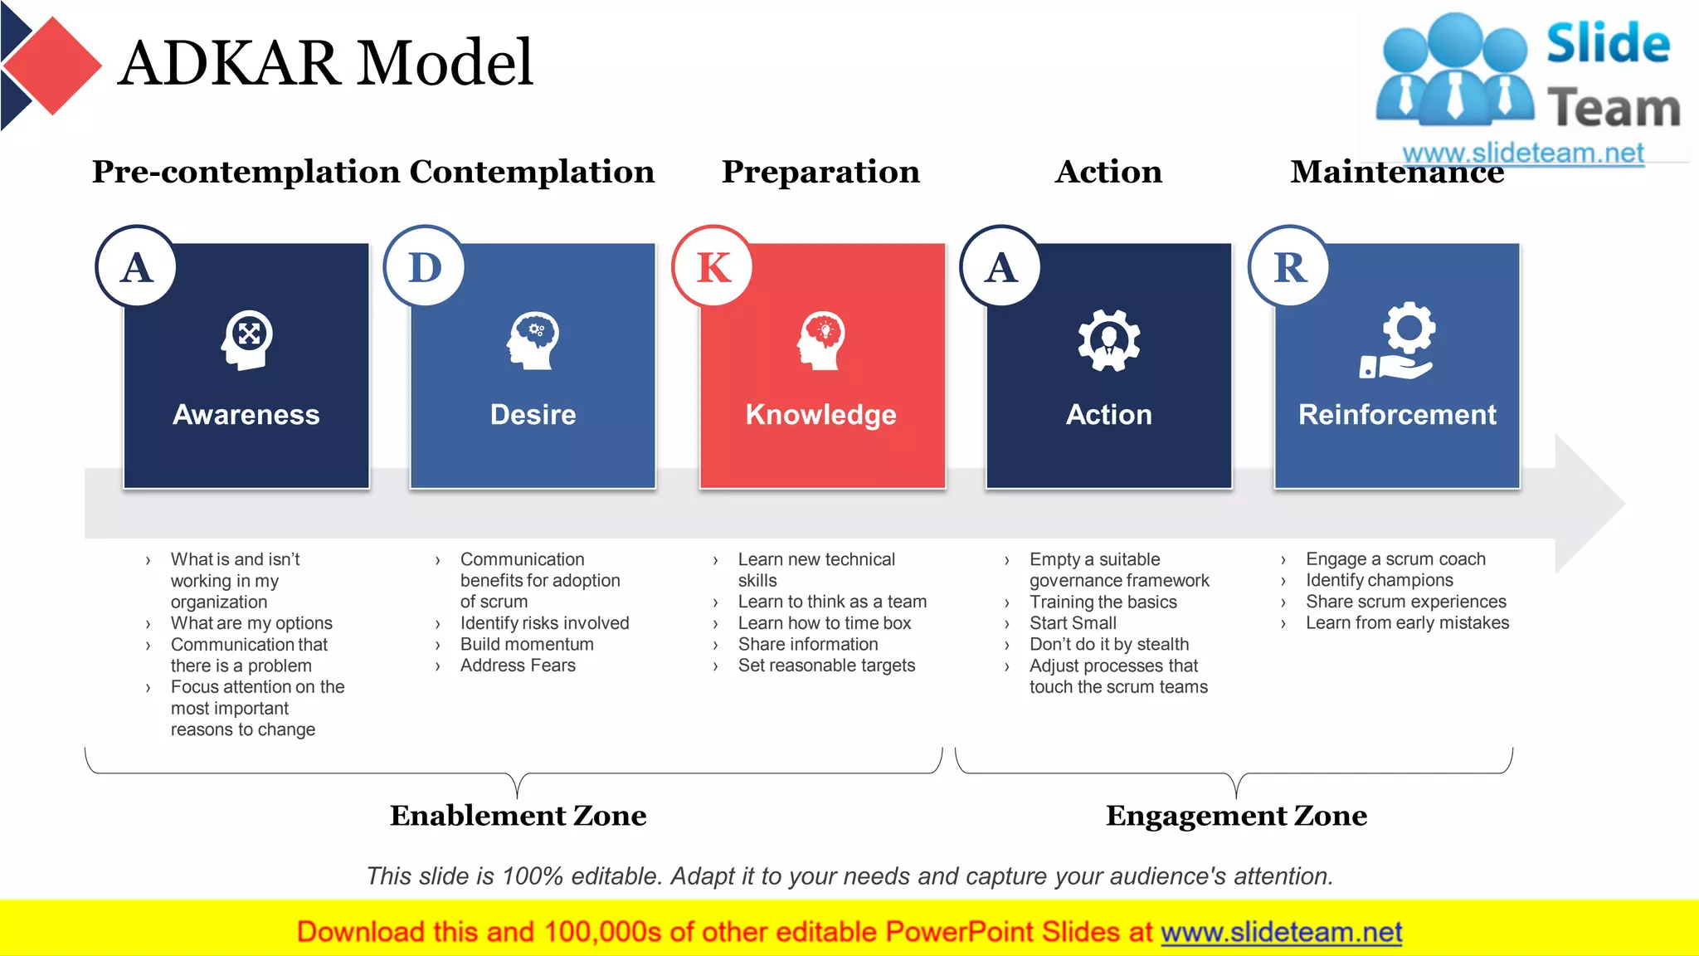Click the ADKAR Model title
coord(325,63)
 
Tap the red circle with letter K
coord(713,266)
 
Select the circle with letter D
coord(425,266)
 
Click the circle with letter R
coord(1289,266)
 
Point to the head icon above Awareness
coord(246,339)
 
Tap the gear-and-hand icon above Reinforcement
coord(1397,341)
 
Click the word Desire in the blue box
coord(533,414)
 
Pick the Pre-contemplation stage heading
coord(246,172)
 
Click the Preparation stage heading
coord(820,172)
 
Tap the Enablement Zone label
coord(518,815)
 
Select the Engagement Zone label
coord(1236,815)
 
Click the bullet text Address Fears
coord(518,666)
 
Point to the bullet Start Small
coord(1073,623)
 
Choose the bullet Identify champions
coord(1379,580)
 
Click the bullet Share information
coord(807,644)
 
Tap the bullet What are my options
coord(251,623)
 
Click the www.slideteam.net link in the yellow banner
coord(1281,932)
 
